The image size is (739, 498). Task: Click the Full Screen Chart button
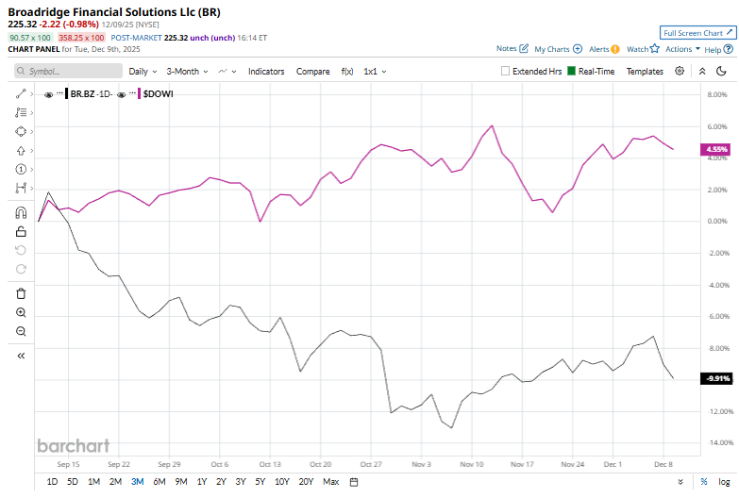pos(697,32)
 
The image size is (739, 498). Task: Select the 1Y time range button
pos(201,482)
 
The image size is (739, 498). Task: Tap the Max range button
pos(330,482)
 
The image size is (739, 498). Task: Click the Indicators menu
pos(266,71)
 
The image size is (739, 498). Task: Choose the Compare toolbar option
pos(312,71)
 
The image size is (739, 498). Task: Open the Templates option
pos(645,71)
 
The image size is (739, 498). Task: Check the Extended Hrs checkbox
pos(506,71)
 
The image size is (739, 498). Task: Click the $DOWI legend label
pos(158,94)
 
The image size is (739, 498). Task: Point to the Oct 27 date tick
pos(371,464)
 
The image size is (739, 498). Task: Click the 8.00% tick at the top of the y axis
pos(717,94)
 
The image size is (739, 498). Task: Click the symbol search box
pos(68,71)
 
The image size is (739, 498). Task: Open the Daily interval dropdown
pos(143,71)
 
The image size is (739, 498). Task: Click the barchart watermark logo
pos(73,446)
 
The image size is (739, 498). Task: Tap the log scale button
pos(723,482)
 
